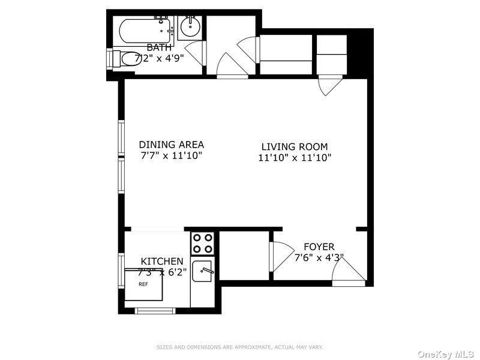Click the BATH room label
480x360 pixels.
(159, 47)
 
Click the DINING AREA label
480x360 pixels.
(171, 145)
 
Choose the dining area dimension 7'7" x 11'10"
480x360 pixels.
(171, 156)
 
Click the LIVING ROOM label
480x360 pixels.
(294, 146)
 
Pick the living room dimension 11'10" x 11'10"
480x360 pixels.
(294, 158)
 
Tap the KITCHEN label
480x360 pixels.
(162, 262)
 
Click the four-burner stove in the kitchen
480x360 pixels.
(203, 243)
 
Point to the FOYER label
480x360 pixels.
(319, 247)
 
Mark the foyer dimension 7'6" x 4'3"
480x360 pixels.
(319, 258)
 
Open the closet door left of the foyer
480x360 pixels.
(278, 255)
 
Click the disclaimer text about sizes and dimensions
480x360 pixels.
(239, 347)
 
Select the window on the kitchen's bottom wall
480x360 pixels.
(154, 310)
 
